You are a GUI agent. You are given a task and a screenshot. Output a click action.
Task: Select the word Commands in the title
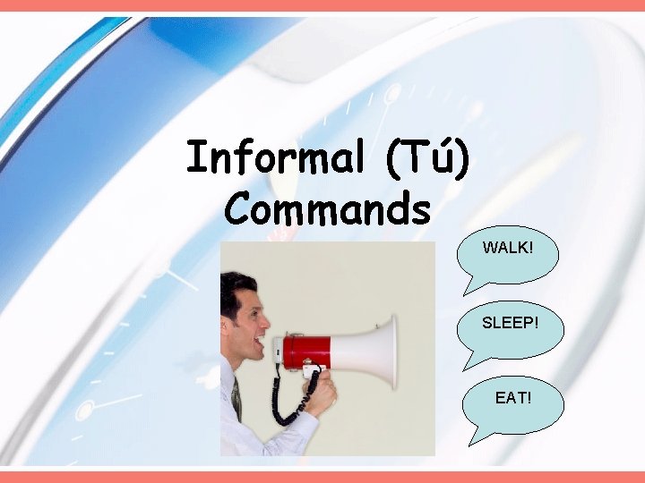tap(328, 208)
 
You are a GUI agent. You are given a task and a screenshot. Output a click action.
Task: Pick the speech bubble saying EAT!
tap(512, 395)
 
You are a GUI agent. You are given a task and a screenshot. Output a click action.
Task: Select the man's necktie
tap(236, 399)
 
